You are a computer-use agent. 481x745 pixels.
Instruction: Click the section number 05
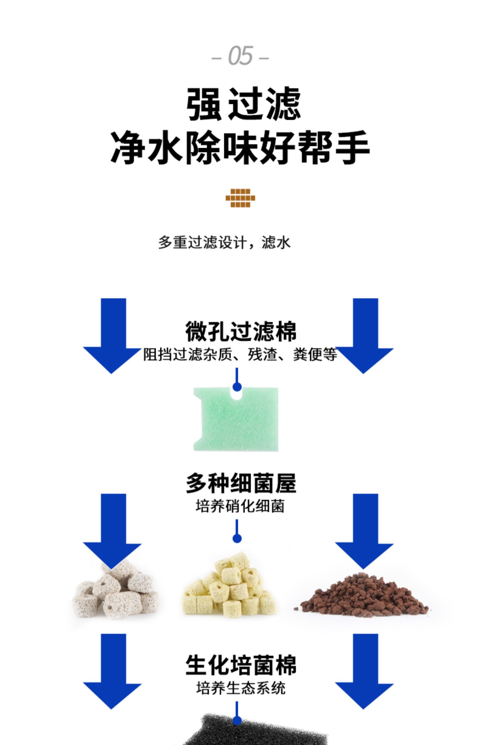(240, 56)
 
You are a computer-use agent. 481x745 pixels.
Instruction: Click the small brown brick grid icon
(240, 198)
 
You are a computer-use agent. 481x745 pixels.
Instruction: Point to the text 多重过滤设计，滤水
(224, 243)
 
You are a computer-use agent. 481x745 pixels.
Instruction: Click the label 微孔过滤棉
(241, 332)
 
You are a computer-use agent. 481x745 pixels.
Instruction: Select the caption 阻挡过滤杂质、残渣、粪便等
(240, 355)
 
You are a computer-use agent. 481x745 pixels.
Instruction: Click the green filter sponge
(236, 420)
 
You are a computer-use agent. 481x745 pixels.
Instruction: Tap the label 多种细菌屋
(241, 483)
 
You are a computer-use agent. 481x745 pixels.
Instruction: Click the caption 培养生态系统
(241, 689)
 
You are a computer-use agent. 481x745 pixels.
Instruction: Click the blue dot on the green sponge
(237, 387)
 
